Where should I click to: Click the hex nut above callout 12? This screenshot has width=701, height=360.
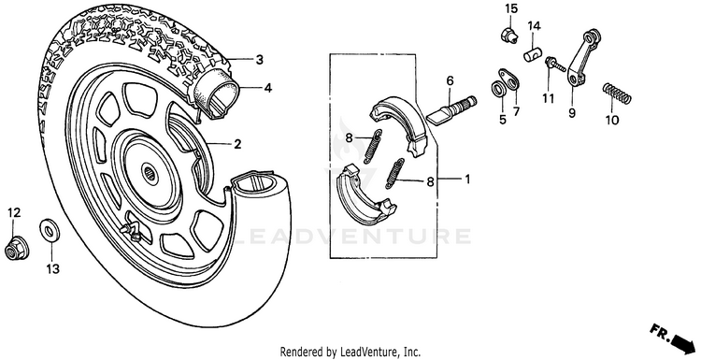click(17, 247)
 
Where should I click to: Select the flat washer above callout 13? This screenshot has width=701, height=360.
click(50, 230)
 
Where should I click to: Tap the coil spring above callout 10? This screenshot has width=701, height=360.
click(617, 94)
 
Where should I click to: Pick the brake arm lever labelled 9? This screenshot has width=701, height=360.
click(581, 56)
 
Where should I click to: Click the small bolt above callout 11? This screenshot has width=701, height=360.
click(554, 65)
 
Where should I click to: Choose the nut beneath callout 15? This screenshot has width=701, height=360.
click(508, 34)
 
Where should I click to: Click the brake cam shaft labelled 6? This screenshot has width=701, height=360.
click(451, 110)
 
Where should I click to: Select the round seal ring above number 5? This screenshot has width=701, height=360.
click(498, 89)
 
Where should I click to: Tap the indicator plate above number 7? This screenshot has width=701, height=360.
click(509, 79)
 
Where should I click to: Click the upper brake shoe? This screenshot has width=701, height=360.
click(399, 124)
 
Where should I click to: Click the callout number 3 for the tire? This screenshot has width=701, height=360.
click(260, 60)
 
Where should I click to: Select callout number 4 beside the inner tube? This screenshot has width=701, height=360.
click(267, 88)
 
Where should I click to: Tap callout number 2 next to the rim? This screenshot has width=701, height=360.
click(237, 144)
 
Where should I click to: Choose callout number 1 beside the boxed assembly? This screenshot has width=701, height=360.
click(467, 180)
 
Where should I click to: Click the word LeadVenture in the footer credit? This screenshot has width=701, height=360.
click(361, 351)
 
